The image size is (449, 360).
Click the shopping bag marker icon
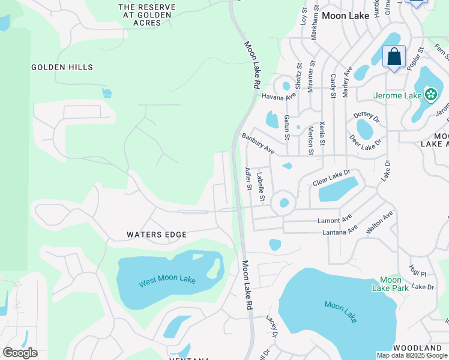point(394,57)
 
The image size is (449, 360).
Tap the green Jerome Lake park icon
point(430,95)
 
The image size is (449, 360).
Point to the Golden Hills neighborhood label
point(62,67)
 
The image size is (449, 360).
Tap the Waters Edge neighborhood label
point(156,235)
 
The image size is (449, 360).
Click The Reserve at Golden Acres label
point(147,15)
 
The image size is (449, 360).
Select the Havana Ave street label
point(278,96)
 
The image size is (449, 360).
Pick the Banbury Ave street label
point(258,144)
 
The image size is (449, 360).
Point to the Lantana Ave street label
point(340,230)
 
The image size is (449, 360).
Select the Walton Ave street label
point(379,222)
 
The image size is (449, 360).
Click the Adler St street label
point(248,179)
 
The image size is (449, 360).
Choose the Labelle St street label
point(261,187)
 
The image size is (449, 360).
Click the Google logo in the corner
point(20,353)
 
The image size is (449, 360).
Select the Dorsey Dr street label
point(367,115)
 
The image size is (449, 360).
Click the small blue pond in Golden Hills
point(107,92)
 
